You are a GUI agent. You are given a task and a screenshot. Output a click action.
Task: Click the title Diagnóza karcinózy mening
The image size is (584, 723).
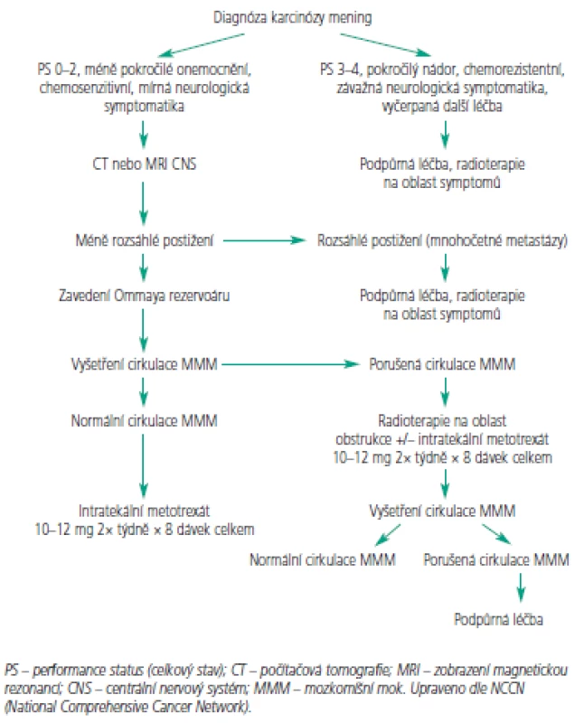pyautogui.click(x=292, y=18)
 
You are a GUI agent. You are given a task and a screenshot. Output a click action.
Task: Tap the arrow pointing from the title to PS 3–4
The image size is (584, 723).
pyautogui.click(x=385, y=44)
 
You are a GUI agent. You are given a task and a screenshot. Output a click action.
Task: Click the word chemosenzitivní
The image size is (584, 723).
pyautogui.click(x=86, y=88)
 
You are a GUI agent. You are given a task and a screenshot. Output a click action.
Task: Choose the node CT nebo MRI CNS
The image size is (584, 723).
pyautogui.click(x=145, y=164)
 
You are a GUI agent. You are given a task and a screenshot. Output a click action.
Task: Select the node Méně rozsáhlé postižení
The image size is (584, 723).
pyautogui.click(x=145, y=240)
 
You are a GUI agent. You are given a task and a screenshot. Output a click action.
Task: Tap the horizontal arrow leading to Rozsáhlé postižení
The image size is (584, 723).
pyautogui.click(x=264, y=240)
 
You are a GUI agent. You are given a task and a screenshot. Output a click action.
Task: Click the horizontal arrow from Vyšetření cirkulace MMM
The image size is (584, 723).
pyautogui.click(x=290, y=364)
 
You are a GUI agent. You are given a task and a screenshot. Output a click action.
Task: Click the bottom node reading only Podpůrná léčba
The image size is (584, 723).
pyautogui.click(x=498, y=619)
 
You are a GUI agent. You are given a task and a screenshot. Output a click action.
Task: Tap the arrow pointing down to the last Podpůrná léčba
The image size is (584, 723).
pyautogui.click(x=521, y=588)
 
